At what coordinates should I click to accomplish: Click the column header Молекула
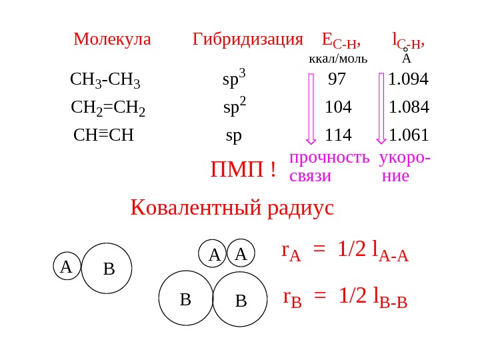tap(112, 39)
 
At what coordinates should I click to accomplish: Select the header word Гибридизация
tap(247, 39)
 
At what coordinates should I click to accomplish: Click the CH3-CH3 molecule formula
tap(105, 80)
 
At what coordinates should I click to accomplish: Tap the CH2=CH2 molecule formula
tap(108, 108)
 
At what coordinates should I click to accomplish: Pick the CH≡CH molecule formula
tap(103, 135)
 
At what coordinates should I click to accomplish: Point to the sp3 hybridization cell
tap(233, 79)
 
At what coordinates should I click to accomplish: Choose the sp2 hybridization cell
tap(234, 107)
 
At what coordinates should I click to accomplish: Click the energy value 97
tap(337, 79)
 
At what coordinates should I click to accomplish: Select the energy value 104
tap(338, 107)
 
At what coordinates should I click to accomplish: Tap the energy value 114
tap(338, 135)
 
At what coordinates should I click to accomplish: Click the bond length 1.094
tap(408, 79)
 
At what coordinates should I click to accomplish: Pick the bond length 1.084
tap(409, 107)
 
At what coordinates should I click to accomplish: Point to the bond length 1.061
tap(409, 135)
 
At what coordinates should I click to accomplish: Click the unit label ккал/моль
tap(337, 59)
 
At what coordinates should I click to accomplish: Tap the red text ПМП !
tap(243, 170)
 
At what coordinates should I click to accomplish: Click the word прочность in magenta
tap(329, 157)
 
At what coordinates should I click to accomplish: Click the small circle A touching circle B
tap(67, 267)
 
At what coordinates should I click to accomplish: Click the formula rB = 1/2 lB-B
tap(345, 297)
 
